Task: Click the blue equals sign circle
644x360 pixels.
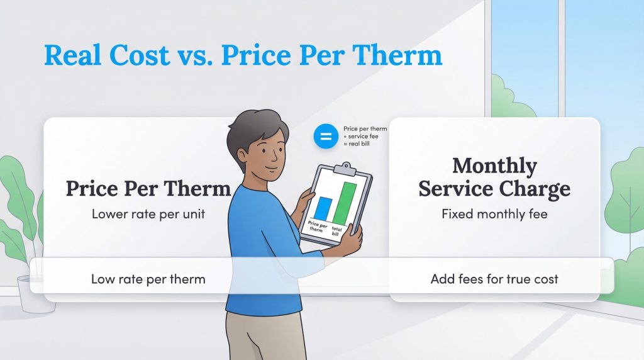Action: [326, 136]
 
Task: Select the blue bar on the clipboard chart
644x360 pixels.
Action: [323, 209]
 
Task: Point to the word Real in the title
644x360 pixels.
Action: [73, 55]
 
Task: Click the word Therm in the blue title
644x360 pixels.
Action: [399, 55]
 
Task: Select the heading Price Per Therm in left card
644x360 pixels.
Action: [148, 188]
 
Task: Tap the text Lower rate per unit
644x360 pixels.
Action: [148, 214]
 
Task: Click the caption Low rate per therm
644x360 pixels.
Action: [148, 279]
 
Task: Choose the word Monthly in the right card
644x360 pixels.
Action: [494, 166]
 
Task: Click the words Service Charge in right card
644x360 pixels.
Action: [494, 188]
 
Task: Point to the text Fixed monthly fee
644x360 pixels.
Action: [494, 214]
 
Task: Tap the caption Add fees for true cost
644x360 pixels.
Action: [494, 279]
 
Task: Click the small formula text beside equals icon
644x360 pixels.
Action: [365, 137]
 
